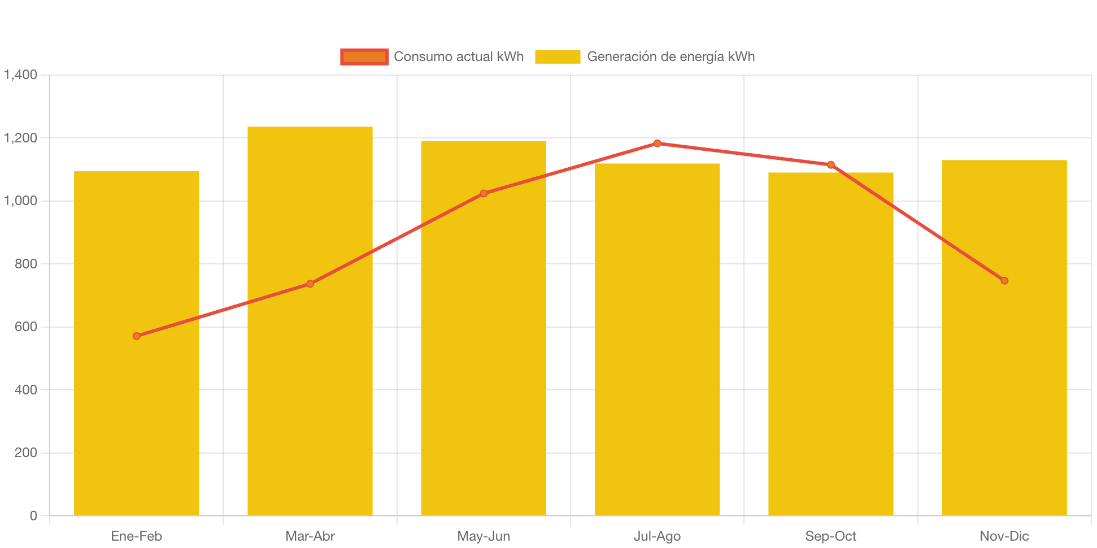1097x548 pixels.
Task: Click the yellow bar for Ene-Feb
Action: coord(137,424)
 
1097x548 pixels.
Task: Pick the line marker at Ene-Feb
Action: coord(137,336)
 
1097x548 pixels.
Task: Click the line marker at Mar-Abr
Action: coord(310,284)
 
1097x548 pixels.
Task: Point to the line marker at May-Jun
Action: coord(484,193)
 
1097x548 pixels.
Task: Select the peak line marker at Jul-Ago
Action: coord(657,143)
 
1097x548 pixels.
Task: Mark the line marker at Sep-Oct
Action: coord(831,165)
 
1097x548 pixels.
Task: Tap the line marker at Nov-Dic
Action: coord(1004,281)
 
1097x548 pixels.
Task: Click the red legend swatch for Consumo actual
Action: coord(364,56)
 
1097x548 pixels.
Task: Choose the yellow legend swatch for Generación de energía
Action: coord(558,56)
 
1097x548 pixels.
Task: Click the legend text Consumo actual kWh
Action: coord(459,56)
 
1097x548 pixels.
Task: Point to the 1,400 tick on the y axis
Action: coord(21,75)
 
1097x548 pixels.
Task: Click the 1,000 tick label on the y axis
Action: coord(21,201)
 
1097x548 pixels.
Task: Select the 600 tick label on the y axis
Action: coord(26,327)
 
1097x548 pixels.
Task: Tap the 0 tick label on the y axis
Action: coord(33,515)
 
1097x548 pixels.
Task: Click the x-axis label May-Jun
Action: coord(484,536)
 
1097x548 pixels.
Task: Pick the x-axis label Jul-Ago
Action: coord(657,536)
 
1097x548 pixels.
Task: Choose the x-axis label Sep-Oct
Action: coord(831,536)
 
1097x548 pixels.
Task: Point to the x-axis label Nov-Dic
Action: coord(1004,536)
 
